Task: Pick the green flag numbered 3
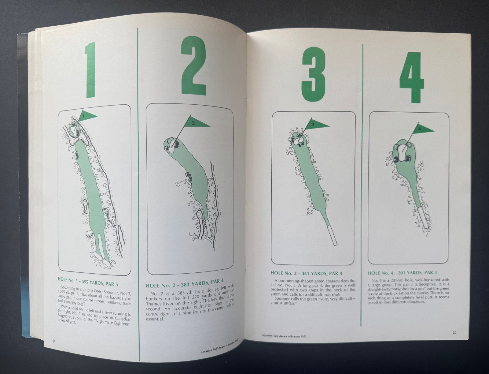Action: [315, 125]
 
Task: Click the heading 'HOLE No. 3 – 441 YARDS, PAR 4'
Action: [306, 273]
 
